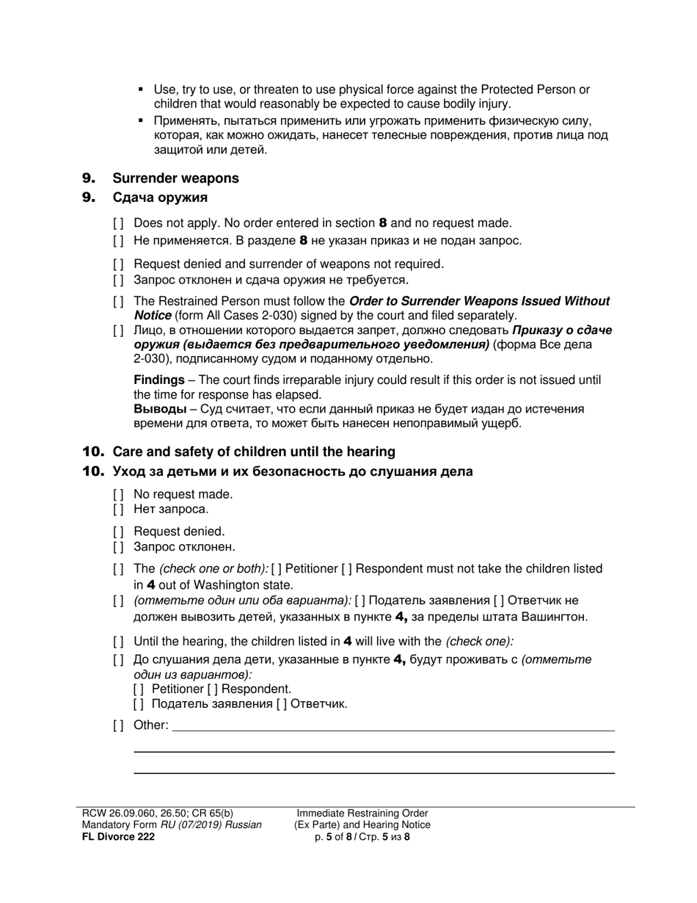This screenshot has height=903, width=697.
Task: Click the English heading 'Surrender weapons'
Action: pos(175,178)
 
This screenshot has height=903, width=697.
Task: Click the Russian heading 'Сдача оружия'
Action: pos(160,197)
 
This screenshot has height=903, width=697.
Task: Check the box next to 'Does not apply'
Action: pos(118,223)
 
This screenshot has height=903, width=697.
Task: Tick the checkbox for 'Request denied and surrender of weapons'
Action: pos(118,264)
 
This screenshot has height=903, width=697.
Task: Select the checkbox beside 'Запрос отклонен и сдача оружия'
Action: pos(118,280)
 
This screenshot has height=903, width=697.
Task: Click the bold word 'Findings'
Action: pos(158,380)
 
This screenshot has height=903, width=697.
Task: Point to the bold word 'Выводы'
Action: pos(159,410)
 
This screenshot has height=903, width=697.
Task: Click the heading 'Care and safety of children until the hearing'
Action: pos(254,451)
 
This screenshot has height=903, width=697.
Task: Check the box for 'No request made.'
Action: pos(118,494)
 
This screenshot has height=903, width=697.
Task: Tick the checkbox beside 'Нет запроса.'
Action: pos(118,509)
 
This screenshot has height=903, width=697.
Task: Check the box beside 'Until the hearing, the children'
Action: pos(118,641)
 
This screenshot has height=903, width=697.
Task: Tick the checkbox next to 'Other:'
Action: pos(118,726)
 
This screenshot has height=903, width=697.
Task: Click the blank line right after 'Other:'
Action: pos(393,727)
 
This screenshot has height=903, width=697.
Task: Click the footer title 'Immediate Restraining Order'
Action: pos(362,813)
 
